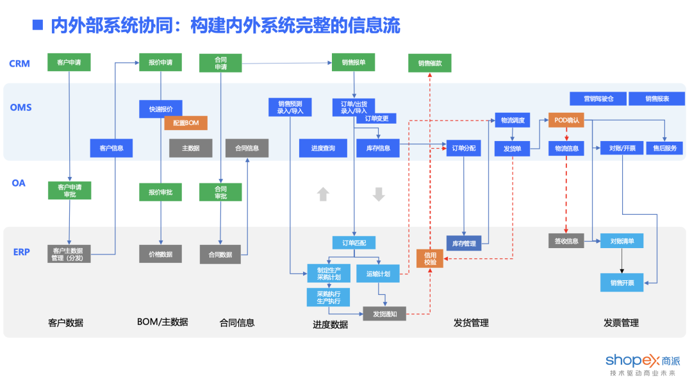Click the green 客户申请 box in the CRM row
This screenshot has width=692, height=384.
pos(69,62)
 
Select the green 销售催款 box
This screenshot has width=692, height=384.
pos(429,63)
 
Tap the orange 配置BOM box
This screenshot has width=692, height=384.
pos(186,122)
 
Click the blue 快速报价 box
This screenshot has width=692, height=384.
pos(160,109)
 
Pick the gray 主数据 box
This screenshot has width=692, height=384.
pos(190,148)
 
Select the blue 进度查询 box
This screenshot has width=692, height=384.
pos(323,148)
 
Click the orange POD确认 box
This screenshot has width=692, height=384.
pos(566,119)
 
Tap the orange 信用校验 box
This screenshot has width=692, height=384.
pos(429,258)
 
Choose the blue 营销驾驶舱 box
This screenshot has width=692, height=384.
pos(598,99)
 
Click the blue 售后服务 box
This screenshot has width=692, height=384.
pos(664,148)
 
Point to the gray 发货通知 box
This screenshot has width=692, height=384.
pos(384,313)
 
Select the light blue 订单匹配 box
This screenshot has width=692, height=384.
pos(354,242)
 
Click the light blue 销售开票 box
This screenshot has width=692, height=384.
pos(622,282)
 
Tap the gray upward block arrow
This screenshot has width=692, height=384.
pos(323,194)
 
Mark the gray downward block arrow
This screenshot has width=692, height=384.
pos(379,194)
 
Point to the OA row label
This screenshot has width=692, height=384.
pos(19,183)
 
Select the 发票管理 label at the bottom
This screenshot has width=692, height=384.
pos(621,322)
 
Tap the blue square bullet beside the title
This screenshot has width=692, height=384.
pos(38,25)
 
